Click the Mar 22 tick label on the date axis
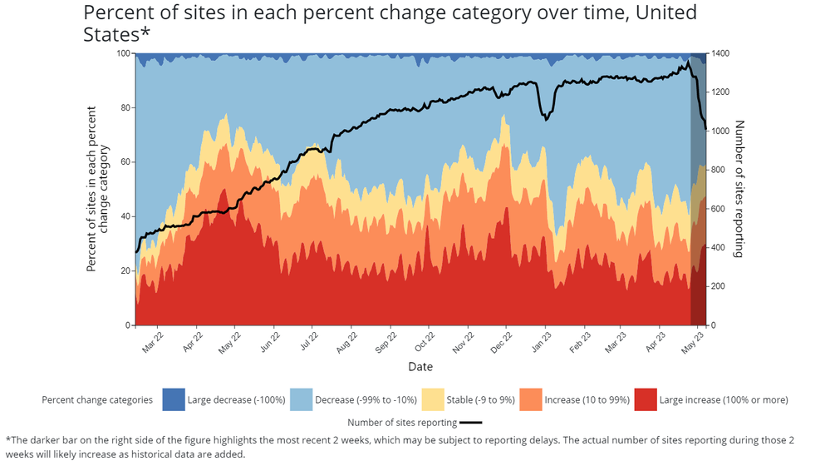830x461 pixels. [151, 342]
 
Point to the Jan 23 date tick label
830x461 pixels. [539, 342]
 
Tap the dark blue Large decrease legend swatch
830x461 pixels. [173, 399]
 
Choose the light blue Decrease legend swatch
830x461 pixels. [301, 399]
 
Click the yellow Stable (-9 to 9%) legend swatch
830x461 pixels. [433, 399]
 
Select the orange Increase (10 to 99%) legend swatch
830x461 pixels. [530, 399]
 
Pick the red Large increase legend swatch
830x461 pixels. [645, 399]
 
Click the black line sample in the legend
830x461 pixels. [470, 423]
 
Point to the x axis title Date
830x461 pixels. [420, 366]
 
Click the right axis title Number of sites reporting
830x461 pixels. [739, 188]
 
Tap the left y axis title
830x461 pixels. [98, 188]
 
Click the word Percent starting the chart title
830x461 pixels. [115, 13]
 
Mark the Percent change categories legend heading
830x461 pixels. [97, 399]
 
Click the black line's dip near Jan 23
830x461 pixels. [546, 120]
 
